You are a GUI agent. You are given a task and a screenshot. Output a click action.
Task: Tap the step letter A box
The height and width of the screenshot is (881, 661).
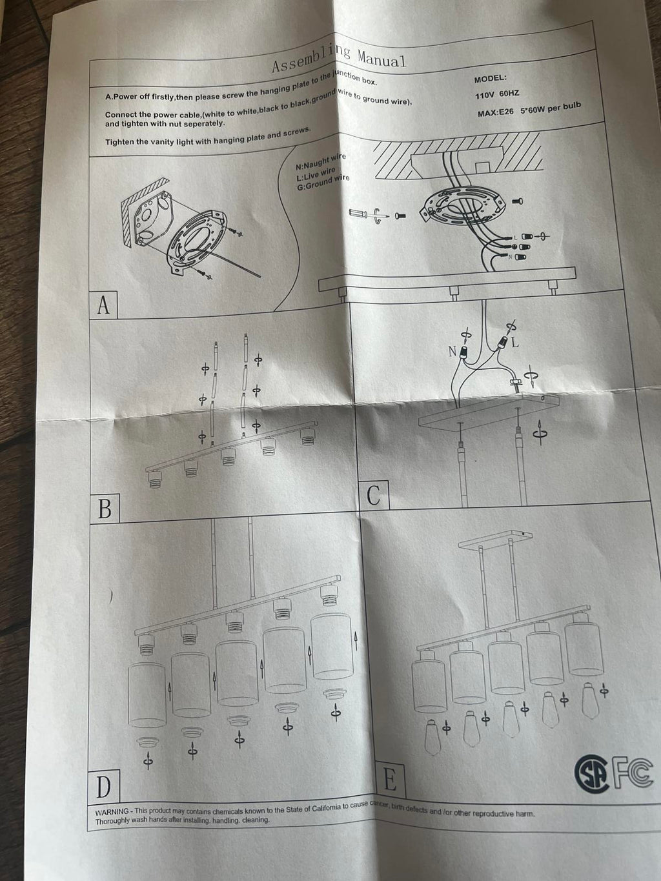coord(103,305)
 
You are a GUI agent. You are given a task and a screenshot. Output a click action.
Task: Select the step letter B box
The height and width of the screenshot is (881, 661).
coord(105,509)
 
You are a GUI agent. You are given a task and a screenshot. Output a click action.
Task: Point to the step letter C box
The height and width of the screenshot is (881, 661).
coord(374,495)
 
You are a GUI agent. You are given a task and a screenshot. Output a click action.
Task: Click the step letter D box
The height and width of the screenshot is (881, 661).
coord(104,787)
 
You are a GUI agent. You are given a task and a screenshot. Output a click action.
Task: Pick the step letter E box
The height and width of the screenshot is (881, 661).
coord(390,780)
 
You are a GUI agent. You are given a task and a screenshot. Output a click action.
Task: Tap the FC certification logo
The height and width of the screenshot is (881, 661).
coord(632,771)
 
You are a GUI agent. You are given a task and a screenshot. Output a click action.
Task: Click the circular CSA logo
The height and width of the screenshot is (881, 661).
coord(592,773)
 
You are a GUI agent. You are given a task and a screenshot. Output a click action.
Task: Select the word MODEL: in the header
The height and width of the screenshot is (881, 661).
coord(491,78)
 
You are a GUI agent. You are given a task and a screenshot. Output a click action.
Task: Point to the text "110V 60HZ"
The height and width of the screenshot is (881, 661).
coord(497,95)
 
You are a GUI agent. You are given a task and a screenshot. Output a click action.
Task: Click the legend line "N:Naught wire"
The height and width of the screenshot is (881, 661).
coord(320,161)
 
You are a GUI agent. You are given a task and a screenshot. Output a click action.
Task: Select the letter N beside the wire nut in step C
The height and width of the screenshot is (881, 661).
coord(453,352)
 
